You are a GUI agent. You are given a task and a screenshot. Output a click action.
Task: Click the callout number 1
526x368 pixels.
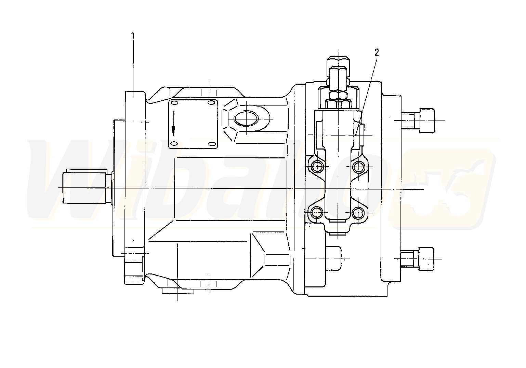pyautogui.click(x=133, y=36)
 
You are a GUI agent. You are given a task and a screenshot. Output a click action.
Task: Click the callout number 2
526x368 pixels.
pyautogui.click(x=377, y=53)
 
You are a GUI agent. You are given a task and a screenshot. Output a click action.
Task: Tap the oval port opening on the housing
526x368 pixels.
pyautogui.click(x=246, y=119)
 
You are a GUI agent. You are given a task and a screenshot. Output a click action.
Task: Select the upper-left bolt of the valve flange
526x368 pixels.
pyautogui.click(x=317, y=167)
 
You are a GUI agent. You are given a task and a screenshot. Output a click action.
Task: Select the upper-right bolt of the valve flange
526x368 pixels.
pyautogui.click(x=358, y=167)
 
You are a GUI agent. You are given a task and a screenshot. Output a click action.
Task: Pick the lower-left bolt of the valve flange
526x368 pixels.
pyautogui.click(x=317, y=213)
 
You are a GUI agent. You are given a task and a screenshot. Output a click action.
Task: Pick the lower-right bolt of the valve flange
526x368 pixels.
pyautogui.click(x=358, y=213)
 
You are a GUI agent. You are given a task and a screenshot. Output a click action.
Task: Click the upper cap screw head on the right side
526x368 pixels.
pyautogui.click(x=427, y=121)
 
